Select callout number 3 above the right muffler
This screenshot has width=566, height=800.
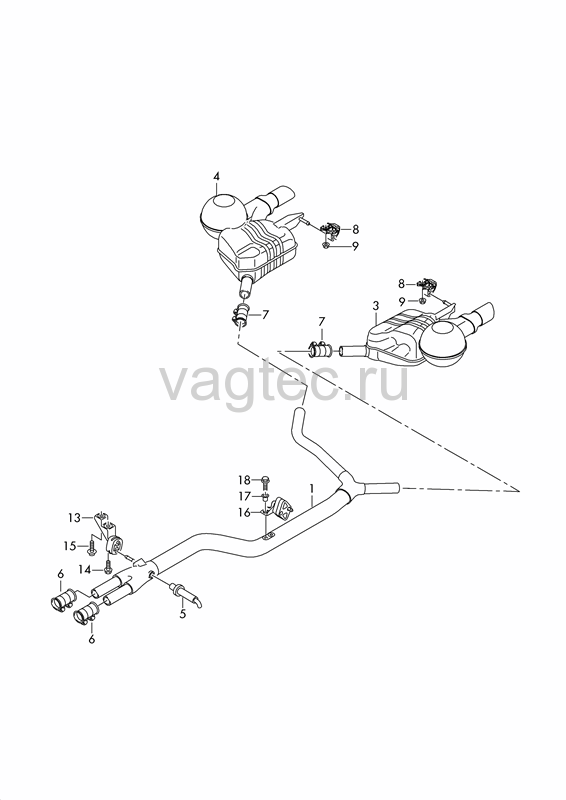[x=376, y=306]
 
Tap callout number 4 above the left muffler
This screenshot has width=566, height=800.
[x=216, y=176]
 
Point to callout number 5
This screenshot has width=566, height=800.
[x=183, y=614]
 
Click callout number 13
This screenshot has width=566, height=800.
[x=75, y=518]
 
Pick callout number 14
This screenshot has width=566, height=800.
[x=84, y=569]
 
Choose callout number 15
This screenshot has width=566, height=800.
[x=69, y=546]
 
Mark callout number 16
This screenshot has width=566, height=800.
[x=244, y=512]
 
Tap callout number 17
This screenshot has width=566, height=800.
[x=244, y=496]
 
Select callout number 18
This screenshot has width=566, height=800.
[x=244, y=480]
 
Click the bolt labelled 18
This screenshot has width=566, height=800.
[x=265, y=481]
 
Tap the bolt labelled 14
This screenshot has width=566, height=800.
[x=108, y=566]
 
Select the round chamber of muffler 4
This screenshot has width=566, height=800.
[x=220, y=214]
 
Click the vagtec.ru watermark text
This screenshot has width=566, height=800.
[x=285, y=382]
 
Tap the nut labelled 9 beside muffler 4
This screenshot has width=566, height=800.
[x=326, y=246]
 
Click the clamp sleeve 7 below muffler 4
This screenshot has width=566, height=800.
[x=240, y=314]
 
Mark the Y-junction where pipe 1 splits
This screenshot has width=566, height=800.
[x=350, y=488]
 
